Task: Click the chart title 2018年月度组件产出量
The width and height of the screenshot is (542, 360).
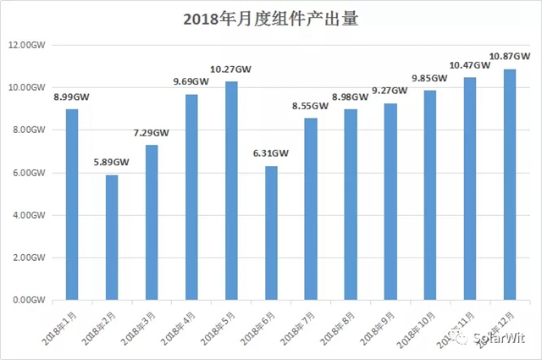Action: coord(271,19)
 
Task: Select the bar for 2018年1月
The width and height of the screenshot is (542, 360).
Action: coord(72,204)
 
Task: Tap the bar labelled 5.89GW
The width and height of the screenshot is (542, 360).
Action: coord(111,237)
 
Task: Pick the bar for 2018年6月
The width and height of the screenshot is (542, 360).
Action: coord(271,233)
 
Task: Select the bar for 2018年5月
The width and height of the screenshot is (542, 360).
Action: coord(231,191)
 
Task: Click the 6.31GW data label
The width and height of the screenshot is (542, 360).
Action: coord(271,154)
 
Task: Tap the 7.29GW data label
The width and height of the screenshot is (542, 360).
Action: coord(151,133)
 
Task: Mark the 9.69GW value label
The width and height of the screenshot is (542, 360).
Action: coord(191,82)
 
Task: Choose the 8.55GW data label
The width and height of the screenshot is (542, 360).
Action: coord(310,106)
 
